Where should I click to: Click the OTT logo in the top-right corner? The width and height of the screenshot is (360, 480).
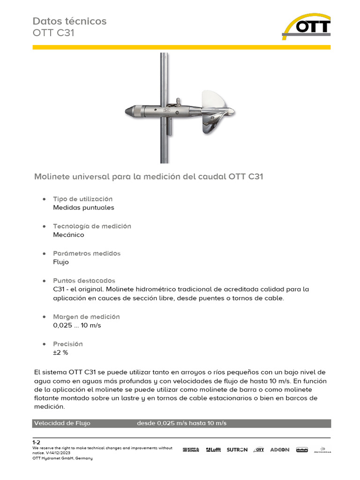pos(307,26)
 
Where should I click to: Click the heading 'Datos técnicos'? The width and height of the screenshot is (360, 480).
pos(69,21)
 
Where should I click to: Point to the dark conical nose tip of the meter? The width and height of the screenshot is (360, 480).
pos(130,111)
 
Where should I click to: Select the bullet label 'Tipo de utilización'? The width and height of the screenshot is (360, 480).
pos(82,199)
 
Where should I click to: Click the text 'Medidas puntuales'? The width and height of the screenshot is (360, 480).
pos(83,208)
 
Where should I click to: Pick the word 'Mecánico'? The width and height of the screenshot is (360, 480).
pos(68,235)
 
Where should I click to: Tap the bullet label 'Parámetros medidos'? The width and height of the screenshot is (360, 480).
pos(87,254)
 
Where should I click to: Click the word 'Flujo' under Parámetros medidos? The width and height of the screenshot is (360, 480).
pos(61,262)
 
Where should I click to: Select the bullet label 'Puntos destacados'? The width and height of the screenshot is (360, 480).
pos(84,281)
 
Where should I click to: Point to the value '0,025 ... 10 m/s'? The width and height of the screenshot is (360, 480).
pos(77,325)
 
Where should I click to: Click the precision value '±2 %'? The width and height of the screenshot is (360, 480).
pos(60,352)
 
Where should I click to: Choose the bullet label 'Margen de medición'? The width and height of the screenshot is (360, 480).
pos(86,317)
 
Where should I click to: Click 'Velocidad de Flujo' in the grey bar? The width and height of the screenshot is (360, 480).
pos(62,423)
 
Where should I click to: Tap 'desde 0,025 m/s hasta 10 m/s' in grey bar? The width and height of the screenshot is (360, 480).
pos(181,423)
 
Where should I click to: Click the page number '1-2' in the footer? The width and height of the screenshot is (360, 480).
pos(37,442)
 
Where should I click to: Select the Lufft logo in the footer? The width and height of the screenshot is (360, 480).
pos(213,450)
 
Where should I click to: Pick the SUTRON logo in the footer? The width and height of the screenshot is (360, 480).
pos(237,450)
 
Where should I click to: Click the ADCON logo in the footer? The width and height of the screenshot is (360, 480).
pos(280,450)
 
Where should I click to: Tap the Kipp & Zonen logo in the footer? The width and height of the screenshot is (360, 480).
pos(191,450)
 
